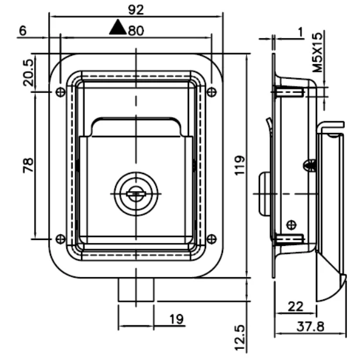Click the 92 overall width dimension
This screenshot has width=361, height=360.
tap(136, 9)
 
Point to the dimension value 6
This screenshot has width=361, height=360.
tap(22, 31)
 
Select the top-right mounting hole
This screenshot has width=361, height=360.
tap(212, 92)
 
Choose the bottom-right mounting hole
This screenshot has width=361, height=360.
tap(212, 238)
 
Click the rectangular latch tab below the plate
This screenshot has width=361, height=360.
tap(136, 289)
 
